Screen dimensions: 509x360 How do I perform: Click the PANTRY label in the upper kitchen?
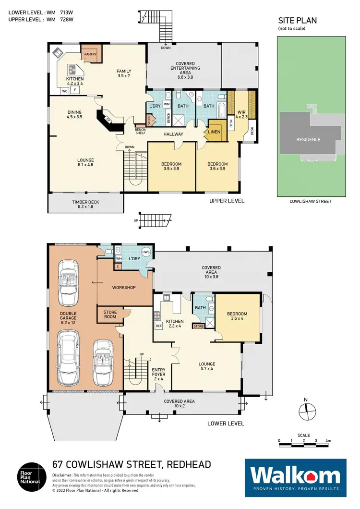(x=90, y=54)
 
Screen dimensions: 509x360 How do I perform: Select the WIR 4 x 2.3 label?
(x=241, y=113)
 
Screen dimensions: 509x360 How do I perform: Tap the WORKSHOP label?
(x=124, y=288)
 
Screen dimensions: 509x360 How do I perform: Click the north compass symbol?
(x=305, y=409)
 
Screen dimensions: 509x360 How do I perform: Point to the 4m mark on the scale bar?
(x=328, y=440)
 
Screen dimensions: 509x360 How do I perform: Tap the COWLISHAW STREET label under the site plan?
(x=311, y=201)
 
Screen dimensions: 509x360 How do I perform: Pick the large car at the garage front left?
(x=68, y=360)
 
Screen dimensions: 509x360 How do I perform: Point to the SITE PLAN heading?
(x=298, y=21)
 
